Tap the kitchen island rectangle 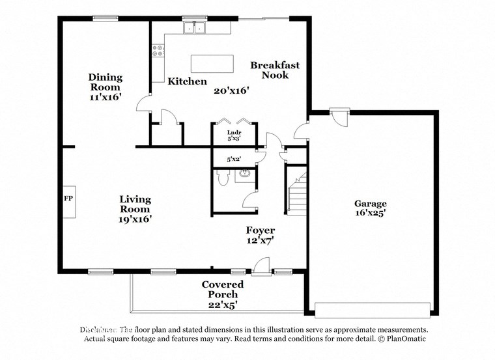212,64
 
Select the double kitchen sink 194,28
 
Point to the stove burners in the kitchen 158,51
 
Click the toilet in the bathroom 223,178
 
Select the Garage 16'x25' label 370,208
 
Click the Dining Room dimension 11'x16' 106,97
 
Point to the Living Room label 135,204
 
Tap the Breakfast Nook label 275,70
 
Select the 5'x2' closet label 233,158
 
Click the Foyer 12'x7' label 260,235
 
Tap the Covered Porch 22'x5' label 223,294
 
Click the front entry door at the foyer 261,266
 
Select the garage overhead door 372,309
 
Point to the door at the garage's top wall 339,116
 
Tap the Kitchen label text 188,81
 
